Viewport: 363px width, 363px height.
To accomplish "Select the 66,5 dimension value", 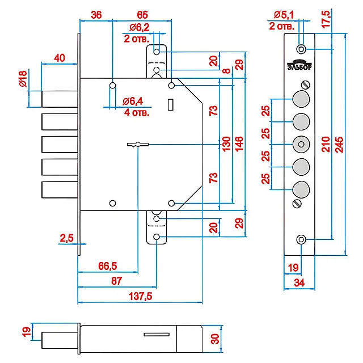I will coord(107,265).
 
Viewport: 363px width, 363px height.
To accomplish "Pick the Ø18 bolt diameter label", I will coord(23,79).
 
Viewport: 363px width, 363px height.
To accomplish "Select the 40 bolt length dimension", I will coord(58,57).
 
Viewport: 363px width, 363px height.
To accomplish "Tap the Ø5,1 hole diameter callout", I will coord(283,14).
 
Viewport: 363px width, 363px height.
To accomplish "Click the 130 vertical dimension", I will coord(226,143).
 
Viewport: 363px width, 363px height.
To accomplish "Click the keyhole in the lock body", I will coord(137,145).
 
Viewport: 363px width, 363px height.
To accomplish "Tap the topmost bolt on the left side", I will coord(59,99).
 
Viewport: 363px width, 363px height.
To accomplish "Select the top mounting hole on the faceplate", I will coord(301,48).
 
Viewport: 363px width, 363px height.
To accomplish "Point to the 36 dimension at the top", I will coord(96,15).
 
